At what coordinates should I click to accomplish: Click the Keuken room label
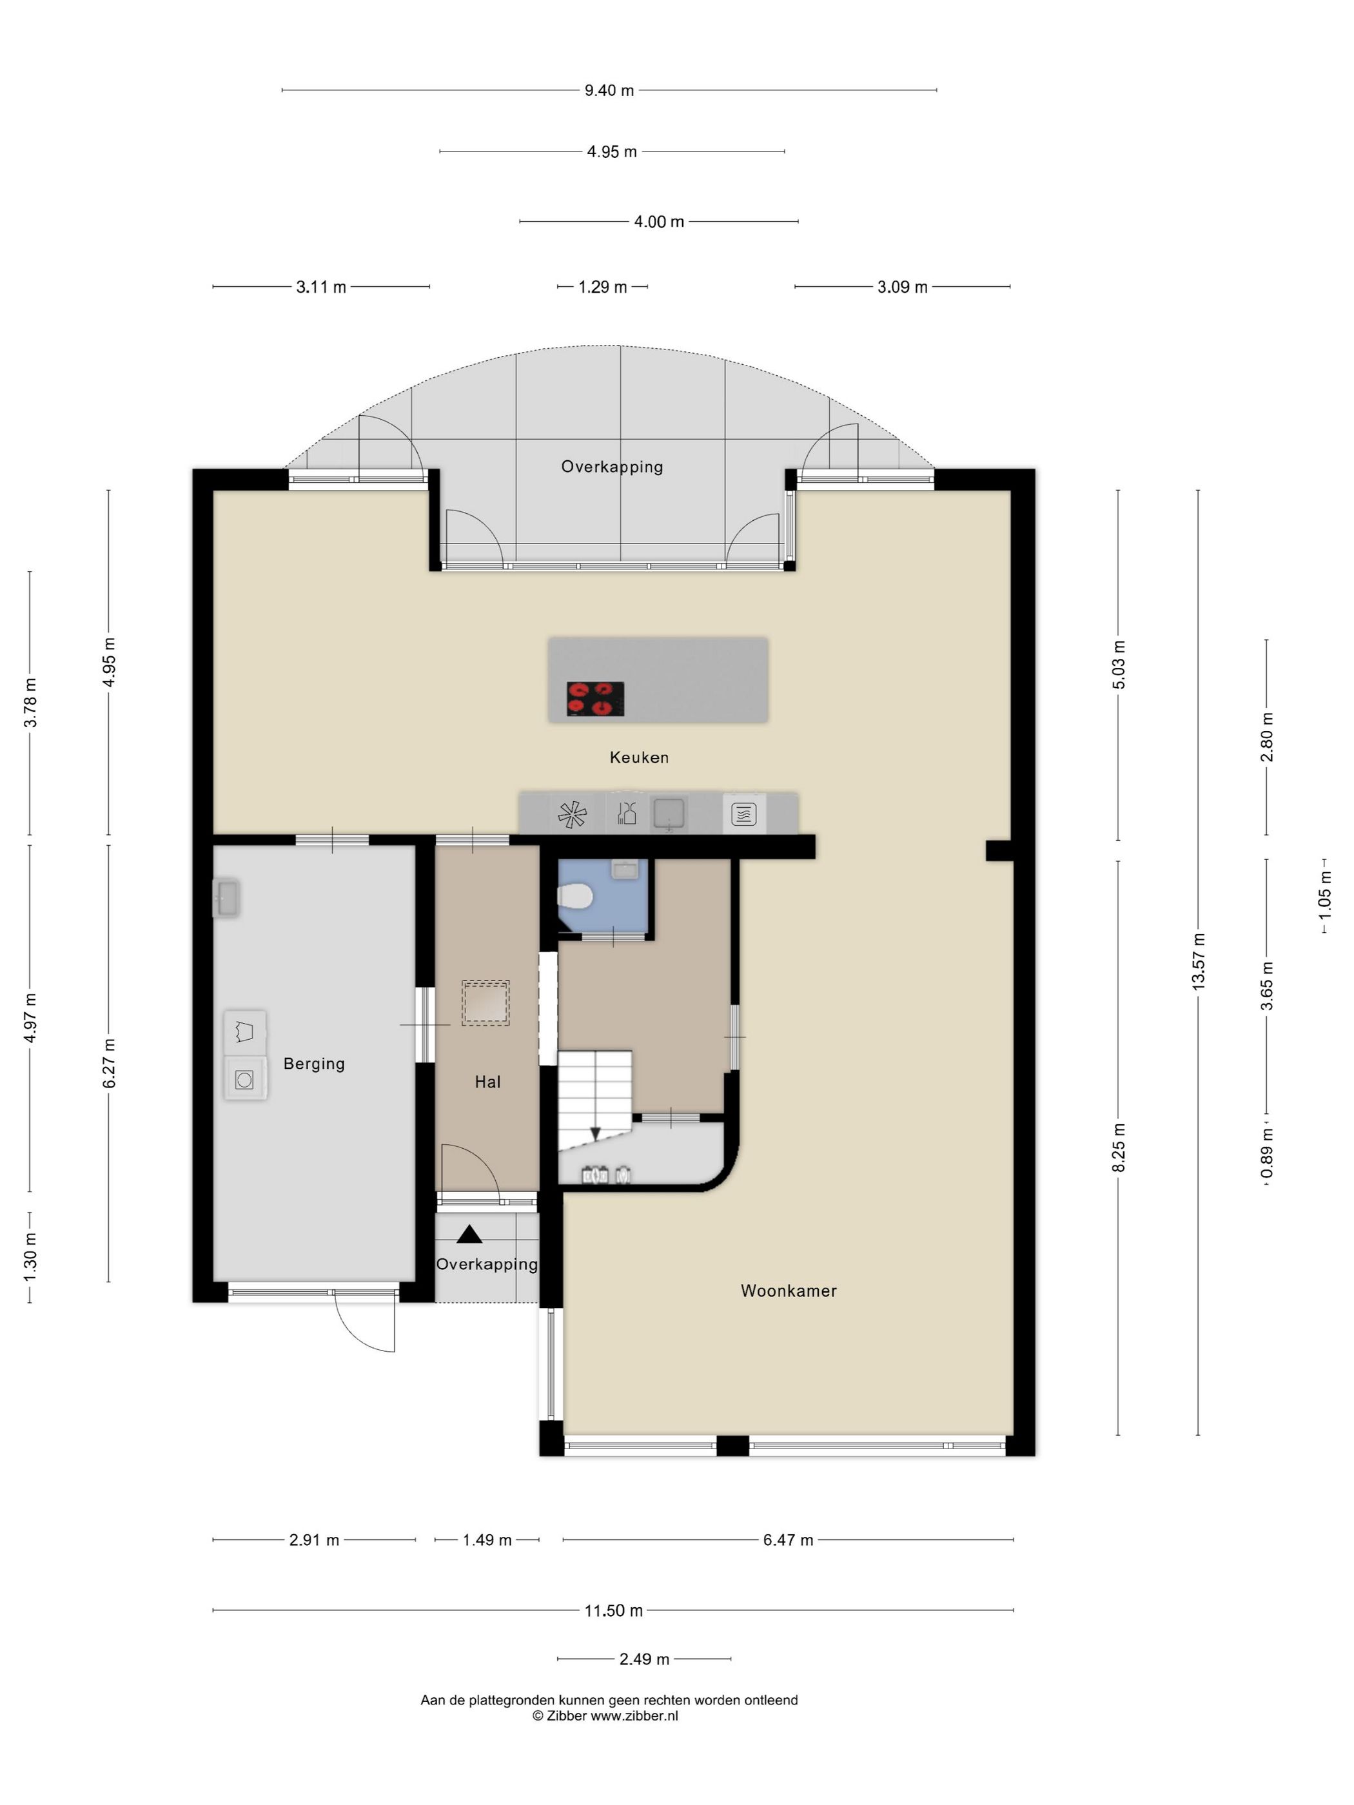click(639, 757)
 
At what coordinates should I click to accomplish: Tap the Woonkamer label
click(789, 1290)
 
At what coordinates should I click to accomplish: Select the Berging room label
click(314, 1063)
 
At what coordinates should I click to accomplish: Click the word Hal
click(487, 1081)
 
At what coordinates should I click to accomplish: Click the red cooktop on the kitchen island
click(596, 699)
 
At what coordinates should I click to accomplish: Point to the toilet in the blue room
click(574, 897)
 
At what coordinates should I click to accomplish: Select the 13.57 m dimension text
click(1198, 962)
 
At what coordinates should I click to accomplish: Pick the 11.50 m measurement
click(613, 1610)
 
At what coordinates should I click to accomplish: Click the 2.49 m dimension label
click(644, 1659)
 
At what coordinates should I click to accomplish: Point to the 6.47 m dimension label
click(788, 1540)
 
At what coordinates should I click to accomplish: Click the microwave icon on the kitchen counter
click(743, 814)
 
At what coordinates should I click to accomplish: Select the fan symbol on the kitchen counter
click(572, 814)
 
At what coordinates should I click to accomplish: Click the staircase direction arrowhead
click(595, 1133)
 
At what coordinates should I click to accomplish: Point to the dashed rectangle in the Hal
click(486, 1003)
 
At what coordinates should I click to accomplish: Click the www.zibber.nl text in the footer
click(634, 1716)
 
